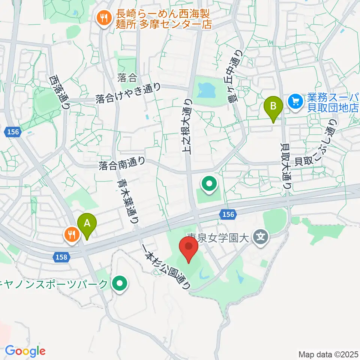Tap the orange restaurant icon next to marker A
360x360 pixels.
tap(71, 235)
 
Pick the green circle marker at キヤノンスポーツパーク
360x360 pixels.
tap(120, 283)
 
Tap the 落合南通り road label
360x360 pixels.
tap(122, 163)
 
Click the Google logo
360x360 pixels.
tap(25, 351)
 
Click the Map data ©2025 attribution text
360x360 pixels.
tap(328, 354)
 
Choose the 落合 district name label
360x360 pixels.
tap(127, 78)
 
